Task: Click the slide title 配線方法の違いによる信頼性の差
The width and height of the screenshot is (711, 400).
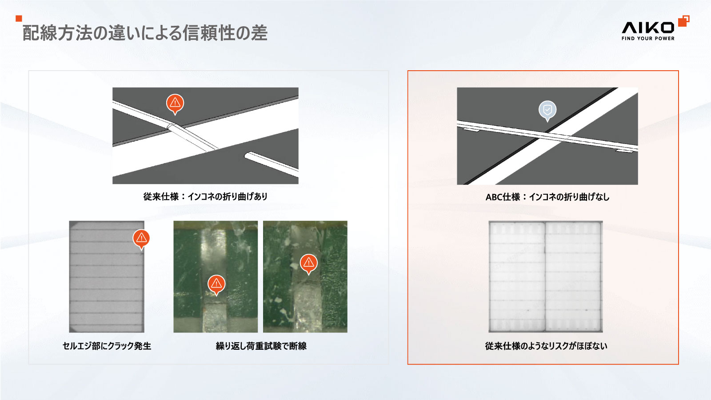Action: pyautogui.click(x=145, y=33)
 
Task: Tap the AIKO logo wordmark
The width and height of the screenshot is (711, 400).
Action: pyautogui.click(x=648, y=28)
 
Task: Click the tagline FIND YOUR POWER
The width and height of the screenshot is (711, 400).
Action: pyautogui.click(x=648, y=38)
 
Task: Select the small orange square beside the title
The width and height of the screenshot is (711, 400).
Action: pyautogui.click(x=19, y=18)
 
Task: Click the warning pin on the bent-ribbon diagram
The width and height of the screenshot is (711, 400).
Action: pyautogui.click(x=175, y=104)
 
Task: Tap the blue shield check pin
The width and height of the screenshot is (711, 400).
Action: pyautogui.click(x=547, y=111)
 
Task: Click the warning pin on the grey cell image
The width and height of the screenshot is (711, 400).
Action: pyautogui.click(x=141, y=239)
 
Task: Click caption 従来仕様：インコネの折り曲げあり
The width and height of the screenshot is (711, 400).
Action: pyautogui.click(x=205, y=197)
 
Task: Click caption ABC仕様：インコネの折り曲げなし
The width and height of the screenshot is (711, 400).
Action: pyautogui.click(x=547, y=197)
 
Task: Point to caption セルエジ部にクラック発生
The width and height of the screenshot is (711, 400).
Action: pyautogui.click(x=107, y=346)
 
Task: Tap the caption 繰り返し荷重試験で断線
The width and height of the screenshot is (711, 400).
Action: pyautogui.click(x=261, y=346)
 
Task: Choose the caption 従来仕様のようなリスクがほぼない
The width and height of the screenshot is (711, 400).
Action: pyautogui.click(x=546, y=346)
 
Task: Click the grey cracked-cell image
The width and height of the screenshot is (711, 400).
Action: pyautogui.click(x=107, y=277)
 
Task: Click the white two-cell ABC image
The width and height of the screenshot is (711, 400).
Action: pyautogui.click(x=546, y=277)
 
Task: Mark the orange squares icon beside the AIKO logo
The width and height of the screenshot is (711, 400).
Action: pyautogui.click(x=684, y=21)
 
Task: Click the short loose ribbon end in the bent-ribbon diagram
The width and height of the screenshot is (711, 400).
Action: pyautogui.click(x=272, y=164)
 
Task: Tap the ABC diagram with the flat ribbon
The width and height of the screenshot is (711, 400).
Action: pyautogui.click(x=547, y=136)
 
